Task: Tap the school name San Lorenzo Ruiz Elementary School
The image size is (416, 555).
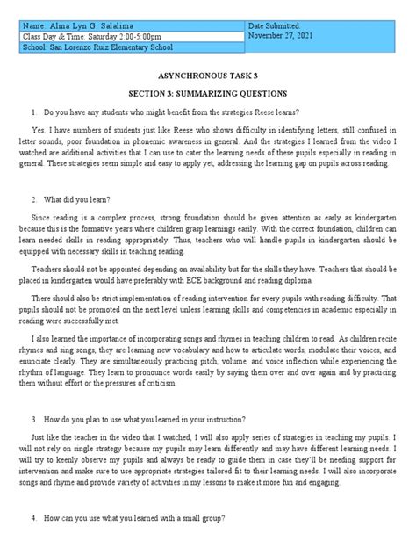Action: pyautogui.click(x=110, y=48)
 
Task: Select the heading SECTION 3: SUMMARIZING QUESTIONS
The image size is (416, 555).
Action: pyautogui.click(x=208, y=94)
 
